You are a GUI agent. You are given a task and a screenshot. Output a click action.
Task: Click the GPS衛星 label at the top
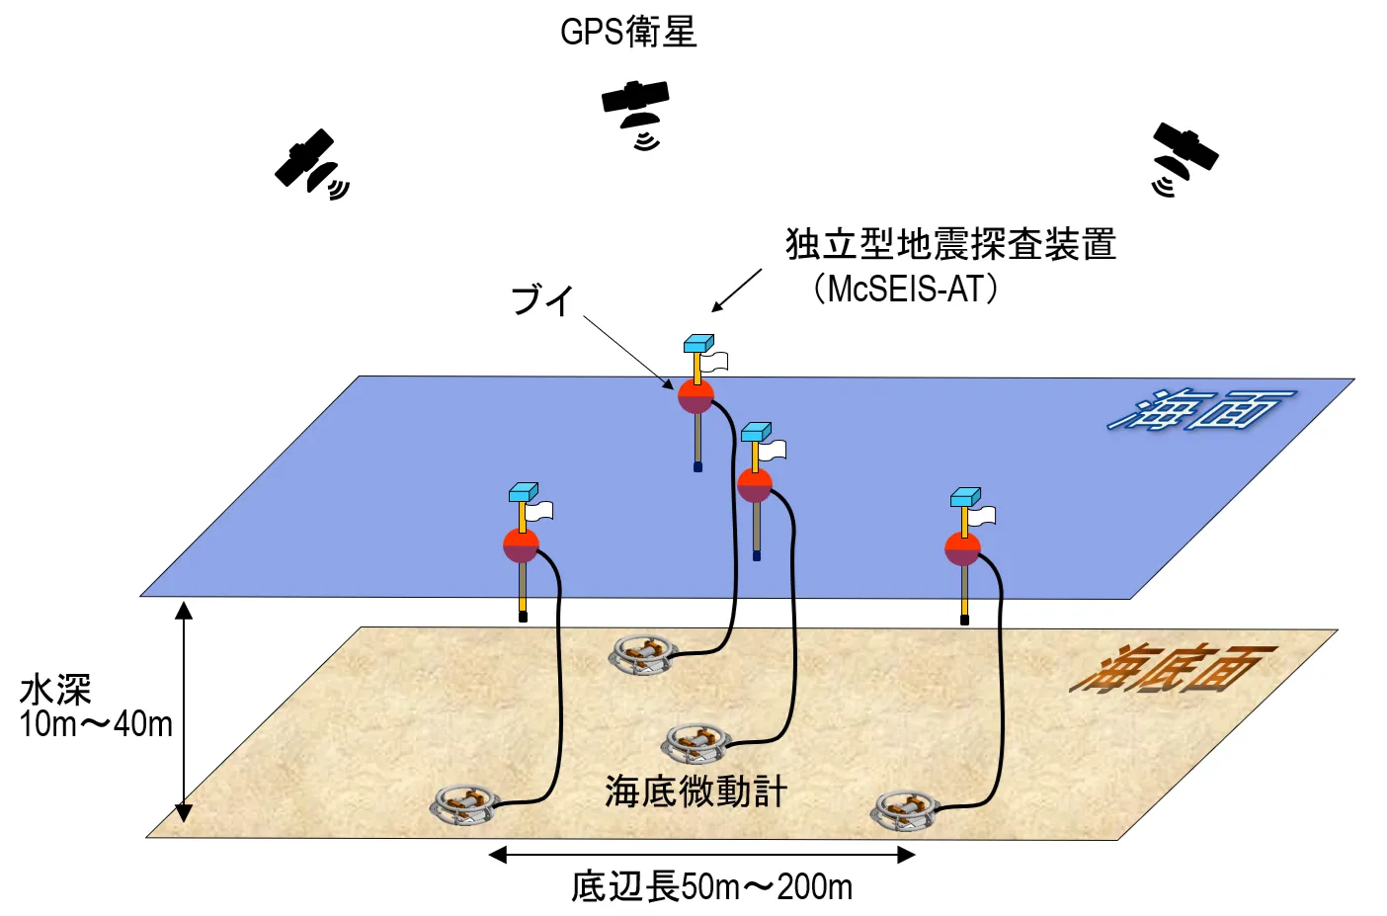(628, 32)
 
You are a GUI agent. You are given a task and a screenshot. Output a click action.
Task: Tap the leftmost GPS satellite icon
(307, 161)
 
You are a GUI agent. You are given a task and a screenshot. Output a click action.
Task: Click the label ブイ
(541, 299)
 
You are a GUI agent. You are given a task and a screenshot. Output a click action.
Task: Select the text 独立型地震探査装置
(950, 244)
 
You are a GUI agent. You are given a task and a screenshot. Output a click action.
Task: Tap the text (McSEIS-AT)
(906, 289)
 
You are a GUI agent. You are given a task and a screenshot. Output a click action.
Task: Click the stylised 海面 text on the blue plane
(1199, 409)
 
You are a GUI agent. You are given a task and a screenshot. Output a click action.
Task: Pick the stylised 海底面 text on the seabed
(1172, 670)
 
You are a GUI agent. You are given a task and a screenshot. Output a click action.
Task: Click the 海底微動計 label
(695, 791)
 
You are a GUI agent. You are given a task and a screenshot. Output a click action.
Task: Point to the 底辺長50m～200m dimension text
(711, 886)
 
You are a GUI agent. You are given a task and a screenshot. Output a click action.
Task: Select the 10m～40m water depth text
(96, 724)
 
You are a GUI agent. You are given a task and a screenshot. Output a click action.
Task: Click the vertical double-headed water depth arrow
(184, 711)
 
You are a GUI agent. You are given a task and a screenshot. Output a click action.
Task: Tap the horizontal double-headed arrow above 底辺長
(702, 855)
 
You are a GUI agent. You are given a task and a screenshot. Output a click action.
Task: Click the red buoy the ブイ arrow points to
(695, 396)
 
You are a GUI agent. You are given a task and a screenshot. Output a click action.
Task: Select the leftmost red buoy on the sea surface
(521, 545)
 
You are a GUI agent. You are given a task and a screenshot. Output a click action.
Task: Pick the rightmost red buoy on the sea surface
(962, 548)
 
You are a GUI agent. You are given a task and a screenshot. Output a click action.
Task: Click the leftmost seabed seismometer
(463, 804)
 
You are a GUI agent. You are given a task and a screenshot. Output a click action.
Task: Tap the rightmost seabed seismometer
(904, 810)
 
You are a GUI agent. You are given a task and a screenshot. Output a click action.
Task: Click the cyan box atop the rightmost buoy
(965, 496)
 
